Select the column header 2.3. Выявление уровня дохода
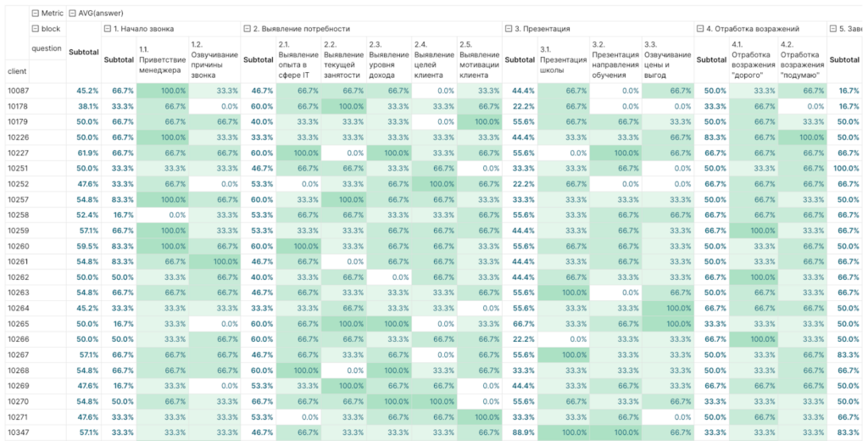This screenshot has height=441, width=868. [x=388, y=60]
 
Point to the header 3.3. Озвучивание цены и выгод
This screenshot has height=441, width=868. [x=668, y=60]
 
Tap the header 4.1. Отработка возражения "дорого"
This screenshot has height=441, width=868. [x=754, y=60]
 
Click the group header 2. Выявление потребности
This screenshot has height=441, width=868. [x=301, y=29]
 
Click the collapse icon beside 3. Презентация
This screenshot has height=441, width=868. [x=509, y=29]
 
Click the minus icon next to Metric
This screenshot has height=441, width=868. [x=35, y=13]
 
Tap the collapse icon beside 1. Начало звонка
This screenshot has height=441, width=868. [x=108, y=29]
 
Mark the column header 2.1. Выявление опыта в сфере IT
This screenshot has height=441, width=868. [x=298, y=60]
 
